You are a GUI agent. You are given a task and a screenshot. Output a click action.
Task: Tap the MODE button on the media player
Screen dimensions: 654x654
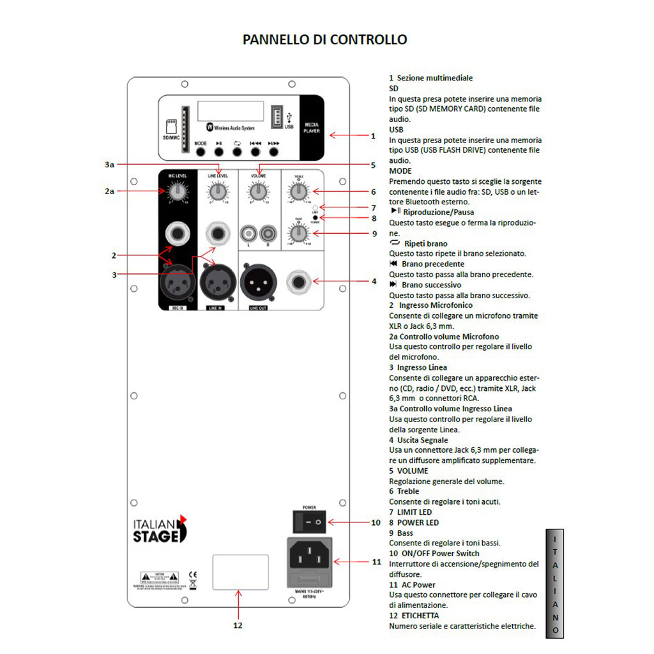201,152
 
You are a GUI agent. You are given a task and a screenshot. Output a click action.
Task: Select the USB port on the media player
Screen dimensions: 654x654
277,118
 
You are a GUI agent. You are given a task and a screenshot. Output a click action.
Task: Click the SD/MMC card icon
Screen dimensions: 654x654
171,125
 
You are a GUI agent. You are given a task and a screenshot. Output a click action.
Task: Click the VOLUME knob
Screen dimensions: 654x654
258,191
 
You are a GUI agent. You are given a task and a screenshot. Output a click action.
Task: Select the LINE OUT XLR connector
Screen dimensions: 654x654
258,281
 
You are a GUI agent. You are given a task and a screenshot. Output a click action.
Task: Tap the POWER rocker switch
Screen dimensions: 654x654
308,522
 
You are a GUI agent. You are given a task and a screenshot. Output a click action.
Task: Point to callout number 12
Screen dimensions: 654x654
238,625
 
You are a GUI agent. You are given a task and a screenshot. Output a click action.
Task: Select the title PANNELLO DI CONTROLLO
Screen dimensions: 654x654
324,40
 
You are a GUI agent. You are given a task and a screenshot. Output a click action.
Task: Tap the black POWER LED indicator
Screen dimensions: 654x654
315,218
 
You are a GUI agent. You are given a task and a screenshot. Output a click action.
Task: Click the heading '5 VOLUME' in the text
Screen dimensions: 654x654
409,471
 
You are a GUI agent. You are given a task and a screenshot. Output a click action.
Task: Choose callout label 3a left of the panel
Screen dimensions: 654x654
109,165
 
